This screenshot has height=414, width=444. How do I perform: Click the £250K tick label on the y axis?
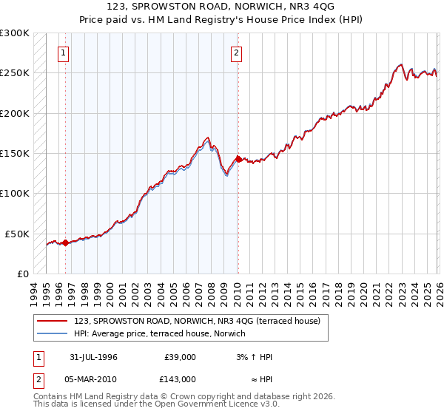click(x=15, y=73)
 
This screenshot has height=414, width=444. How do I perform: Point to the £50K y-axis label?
click(x=17, y=234)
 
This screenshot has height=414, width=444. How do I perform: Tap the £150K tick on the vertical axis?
click(x=15, y=153)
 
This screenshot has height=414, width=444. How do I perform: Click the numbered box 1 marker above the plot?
click(x=64, y=52)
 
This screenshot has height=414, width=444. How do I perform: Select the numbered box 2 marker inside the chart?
click(x=236, y=52)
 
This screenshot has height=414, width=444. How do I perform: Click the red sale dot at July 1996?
click(x=65, y=242)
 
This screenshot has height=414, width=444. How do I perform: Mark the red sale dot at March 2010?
click(x=238, y=159)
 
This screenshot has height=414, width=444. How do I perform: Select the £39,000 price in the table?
click(x=180, y=356)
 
